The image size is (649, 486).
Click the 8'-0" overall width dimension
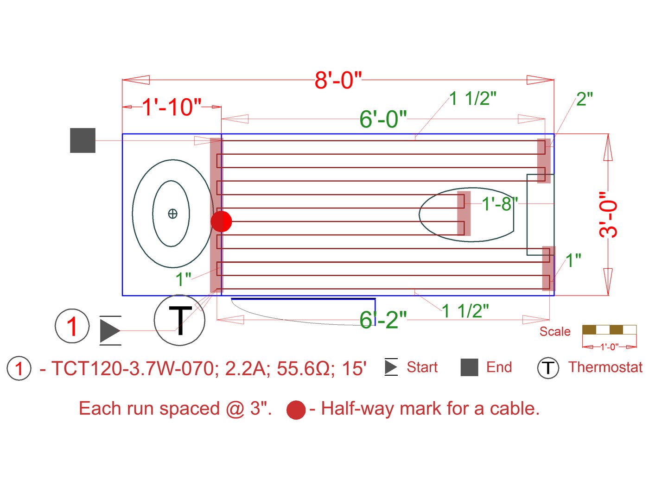[337, 80]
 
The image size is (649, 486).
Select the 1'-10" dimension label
[172, 107]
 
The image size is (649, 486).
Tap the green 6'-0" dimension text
[383, 119]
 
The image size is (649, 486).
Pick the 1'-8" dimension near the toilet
[500, 203]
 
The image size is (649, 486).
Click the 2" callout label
[585, 99]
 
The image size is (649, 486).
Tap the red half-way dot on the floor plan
[221, 221]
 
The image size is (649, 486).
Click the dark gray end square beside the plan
[83, 140]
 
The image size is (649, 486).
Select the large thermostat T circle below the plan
[179, 320]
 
